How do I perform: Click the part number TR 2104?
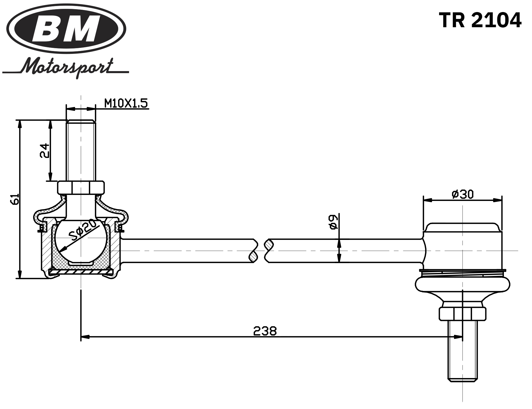pyautogui.click(x=480, y=20)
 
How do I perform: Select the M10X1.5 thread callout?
pyautogui.click(x=126, y=103)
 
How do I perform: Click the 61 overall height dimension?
pyautogui.click(x=15, y=199)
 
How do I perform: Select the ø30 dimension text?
pyautogui.click(x=463, y=194)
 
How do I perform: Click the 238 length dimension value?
pyautogui.click(x=265, y=331)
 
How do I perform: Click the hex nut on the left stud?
pyautogui.click(x=81, y=188)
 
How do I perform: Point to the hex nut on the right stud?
pyautogui.click(x=462, y=314)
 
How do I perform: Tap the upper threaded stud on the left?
pyautogui.click(x=81, y=150)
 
